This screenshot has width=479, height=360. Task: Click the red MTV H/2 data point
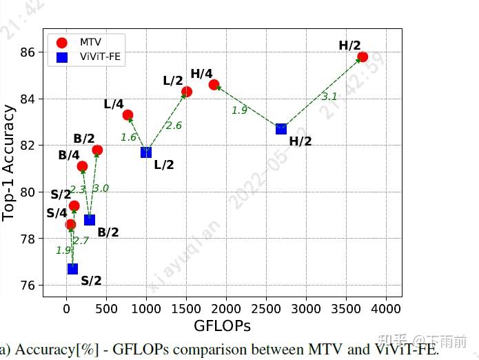363,57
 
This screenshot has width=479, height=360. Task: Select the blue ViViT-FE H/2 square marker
281,129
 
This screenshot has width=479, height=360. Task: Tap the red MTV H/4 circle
214,85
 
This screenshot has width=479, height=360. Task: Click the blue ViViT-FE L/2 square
146,152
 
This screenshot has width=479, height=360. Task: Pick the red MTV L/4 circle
128,114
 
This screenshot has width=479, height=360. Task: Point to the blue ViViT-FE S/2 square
72,268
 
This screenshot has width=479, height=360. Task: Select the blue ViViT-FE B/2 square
90,219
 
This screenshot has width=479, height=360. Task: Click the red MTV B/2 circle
97,150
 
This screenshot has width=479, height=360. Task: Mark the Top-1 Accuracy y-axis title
9,162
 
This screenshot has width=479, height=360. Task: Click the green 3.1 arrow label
329,97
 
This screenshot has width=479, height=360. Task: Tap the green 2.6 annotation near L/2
174,126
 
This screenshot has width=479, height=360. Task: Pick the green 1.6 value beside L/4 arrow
128,137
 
